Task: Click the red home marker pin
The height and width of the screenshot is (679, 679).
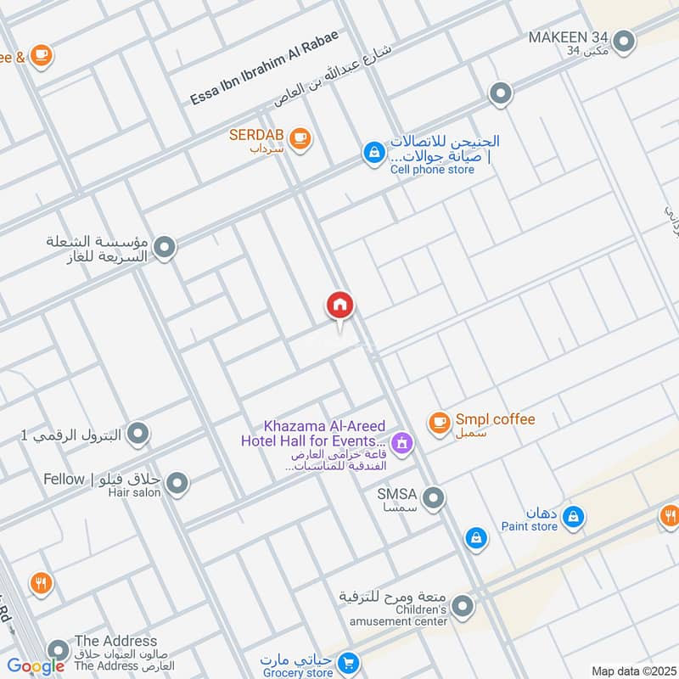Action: [340, 306]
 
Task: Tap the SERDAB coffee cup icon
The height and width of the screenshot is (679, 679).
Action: [299, 137]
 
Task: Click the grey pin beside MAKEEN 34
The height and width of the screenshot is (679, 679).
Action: [625, 40]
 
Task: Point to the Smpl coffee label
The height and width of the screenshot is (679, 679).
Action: [495, 419]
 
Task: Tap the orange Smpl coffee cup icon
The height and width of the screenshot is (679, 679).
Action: [439, 422]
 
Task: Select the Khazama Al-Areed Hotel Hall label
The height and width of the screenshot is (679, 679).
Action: [313, 434]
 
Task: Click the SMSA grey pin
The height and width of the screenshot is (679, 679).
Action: [434, 498]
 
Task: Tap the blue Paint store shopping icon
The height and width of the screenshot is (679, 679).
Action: [575, 516]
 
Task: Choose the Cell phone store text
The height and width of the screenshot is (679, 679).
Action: [432, 169]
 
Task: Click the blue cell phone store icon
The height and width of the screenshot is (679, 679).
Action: [372, 153]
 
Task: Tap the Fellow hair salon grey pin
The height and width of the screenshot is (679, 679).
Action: [177, 485]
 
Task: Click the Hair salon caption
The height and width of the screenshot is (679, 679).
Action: [134, 493]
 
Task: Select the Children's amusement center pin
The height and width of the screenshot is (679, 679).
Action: [463, 606]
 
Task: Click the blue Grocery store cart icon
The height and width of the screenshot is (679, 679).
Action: [347, 661]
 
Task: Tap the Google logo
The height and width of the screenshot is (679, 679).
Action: [36, 666]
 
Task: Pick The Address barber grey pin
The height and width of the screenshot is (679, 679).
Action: [58, 651]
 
